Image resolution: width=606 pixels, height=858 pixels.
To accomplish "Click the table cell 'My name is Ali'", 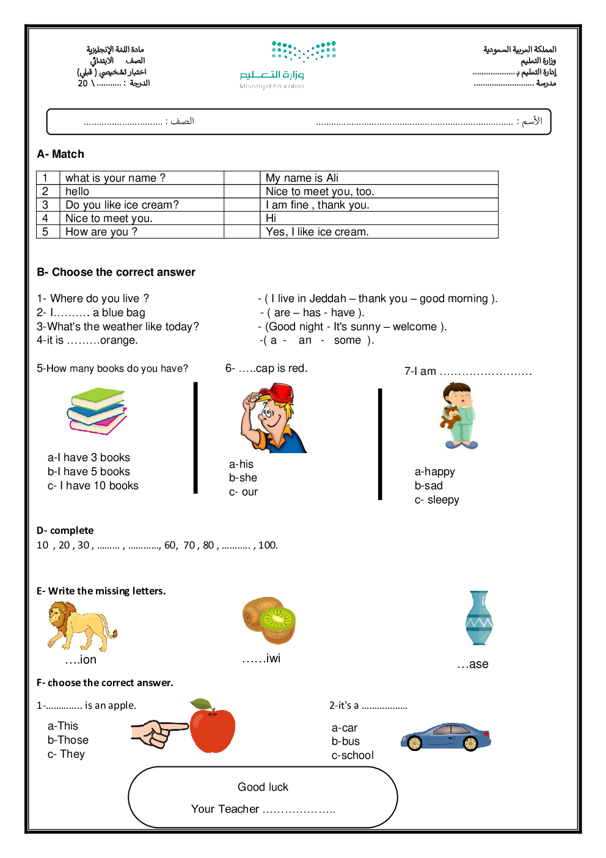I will [302, 178].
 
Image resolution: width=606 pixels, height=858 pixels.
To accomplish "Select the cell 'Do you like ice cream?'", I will [122, 205].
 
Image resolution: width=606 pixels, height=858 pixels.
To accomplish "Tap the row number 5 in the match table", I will [45, 232].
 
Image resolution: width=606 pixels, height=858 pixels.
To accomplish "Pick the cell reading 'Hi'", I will [271, 218].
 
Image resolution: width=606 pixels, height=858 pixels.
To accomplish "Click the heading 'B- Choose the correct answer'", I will [116, 272].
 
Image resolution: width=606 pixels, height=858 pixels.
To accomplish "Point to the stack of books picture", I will [97, 411].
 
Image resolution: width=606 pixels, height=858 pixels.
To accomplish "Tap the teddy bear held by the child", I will [450, 418].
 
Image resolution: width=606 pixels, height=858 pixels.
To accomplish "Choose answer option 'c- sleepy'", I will [437, 500].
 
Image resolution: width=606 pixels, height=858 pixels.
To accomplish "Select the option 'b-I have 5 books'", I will [89, 472].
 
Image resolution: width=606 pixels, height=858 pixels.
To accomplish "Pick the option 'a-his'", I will [241, 464].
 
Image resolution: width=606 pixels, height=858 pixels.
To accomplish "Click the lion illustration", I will [81, 626].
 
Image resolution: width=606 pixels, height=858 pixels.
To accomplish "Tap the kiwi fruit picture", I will [269, 621].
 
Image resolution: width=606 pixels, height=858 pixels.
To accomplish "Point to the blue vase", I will [479, 618].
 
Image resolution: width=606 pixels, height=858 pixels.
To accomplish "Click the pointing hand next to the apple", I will [158, 733].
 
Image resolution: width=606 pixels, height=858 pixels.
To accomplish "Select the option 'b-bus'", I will [346, 741].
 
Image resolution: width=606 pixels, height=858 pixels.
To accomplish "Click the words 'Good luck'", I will [263, 787].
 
